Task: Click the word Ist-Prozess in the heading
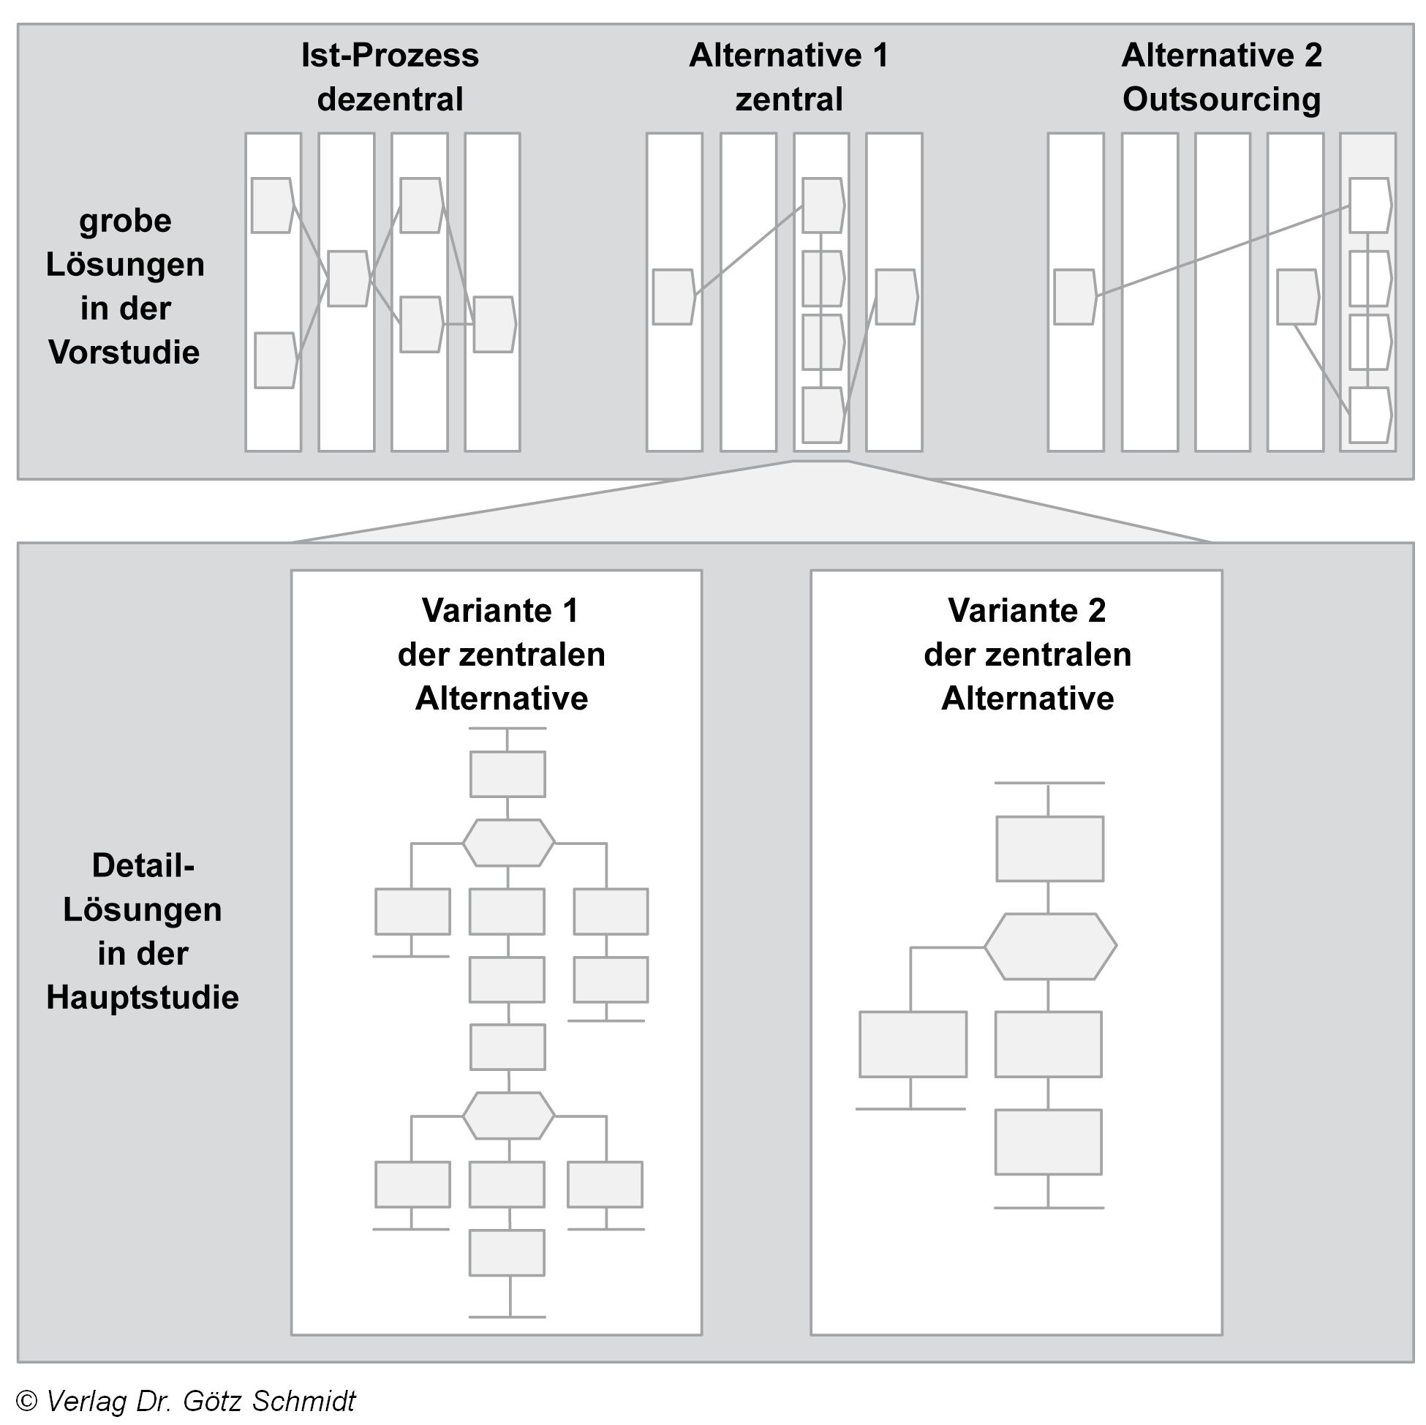390,56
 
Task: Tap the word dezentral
390,99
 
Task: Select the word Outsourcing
1221,99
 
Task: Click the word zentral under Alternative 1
788,99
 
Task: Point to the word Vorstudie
124,352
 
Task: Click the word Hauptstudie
143,998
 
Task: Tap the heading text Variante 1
499,611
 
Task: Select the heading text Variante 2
1027,611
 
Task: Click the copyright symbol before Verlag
26,1401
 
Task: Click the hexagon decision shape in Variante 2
1049,947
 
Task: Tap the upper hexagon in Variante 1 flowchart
508,843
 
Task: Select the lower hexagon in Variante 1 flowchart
508,1115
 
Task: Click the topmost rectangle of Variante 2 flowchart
1049,849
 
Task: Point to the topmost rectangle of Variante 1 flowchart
508,775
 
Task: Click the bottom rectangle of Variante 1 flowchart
507,1253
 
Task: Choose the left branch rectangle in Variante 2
913,1044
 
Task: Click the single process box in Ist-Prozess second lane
347,279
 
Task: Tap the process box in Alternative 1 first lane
673,297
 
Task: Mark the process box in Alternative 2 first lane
1075,297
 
